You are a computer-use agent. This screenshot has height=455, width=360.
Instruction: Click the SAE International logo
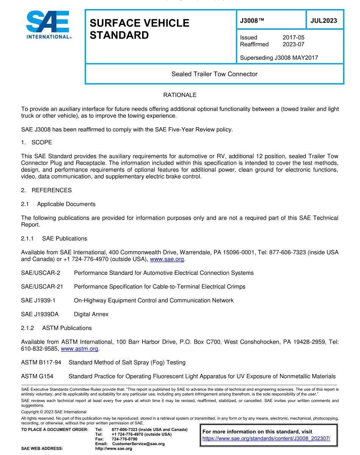tap(49, 25)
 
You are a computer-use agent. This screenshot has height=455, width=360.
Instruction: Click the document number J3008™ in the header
tap(252, 20)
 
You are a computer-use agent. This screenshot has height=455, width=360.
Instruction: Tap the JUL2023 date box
tap(324, 20)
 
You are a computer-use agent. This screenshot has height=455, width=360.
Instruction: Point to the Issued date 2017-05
tap(293, 37)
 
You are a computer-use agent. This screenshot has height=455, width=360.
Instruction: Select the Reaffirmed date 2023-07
tap(293, 44)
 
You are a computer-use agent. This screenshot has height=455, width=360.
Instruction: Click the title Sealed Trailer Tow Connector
tap(214, 74)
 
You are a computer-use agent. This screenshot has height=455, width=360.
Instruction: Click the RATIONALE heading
tap(180, 95)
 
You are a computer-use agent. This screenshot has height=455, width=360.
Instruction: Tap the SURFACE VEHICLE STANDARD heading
tap(139, 29)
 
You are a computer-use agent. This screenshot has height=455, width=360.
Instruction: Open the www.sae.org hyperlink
tap(167, 259)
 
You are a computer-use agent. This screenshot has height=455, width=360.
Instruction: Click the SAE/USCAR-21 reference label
tap(42, 287)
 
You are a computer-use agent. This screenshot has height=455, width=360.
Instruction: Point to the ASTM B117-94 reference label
tap(41, 362)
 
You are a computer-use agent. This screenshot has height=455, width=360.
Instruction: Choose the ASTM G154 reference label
tap(37, 376)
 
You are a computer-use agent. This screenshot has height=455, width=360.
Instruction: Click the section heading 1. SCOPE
tap(37, 142)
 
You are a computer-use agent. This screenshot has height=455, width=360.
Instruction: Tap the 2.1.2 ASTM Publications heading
tap(56, 328)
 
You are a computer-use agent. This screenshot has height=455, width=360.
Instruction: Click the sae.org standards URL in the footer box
tap(266, 438)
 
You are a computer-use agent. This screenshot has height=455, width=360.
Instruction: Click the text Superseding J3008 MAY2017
tap(279, 58)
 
